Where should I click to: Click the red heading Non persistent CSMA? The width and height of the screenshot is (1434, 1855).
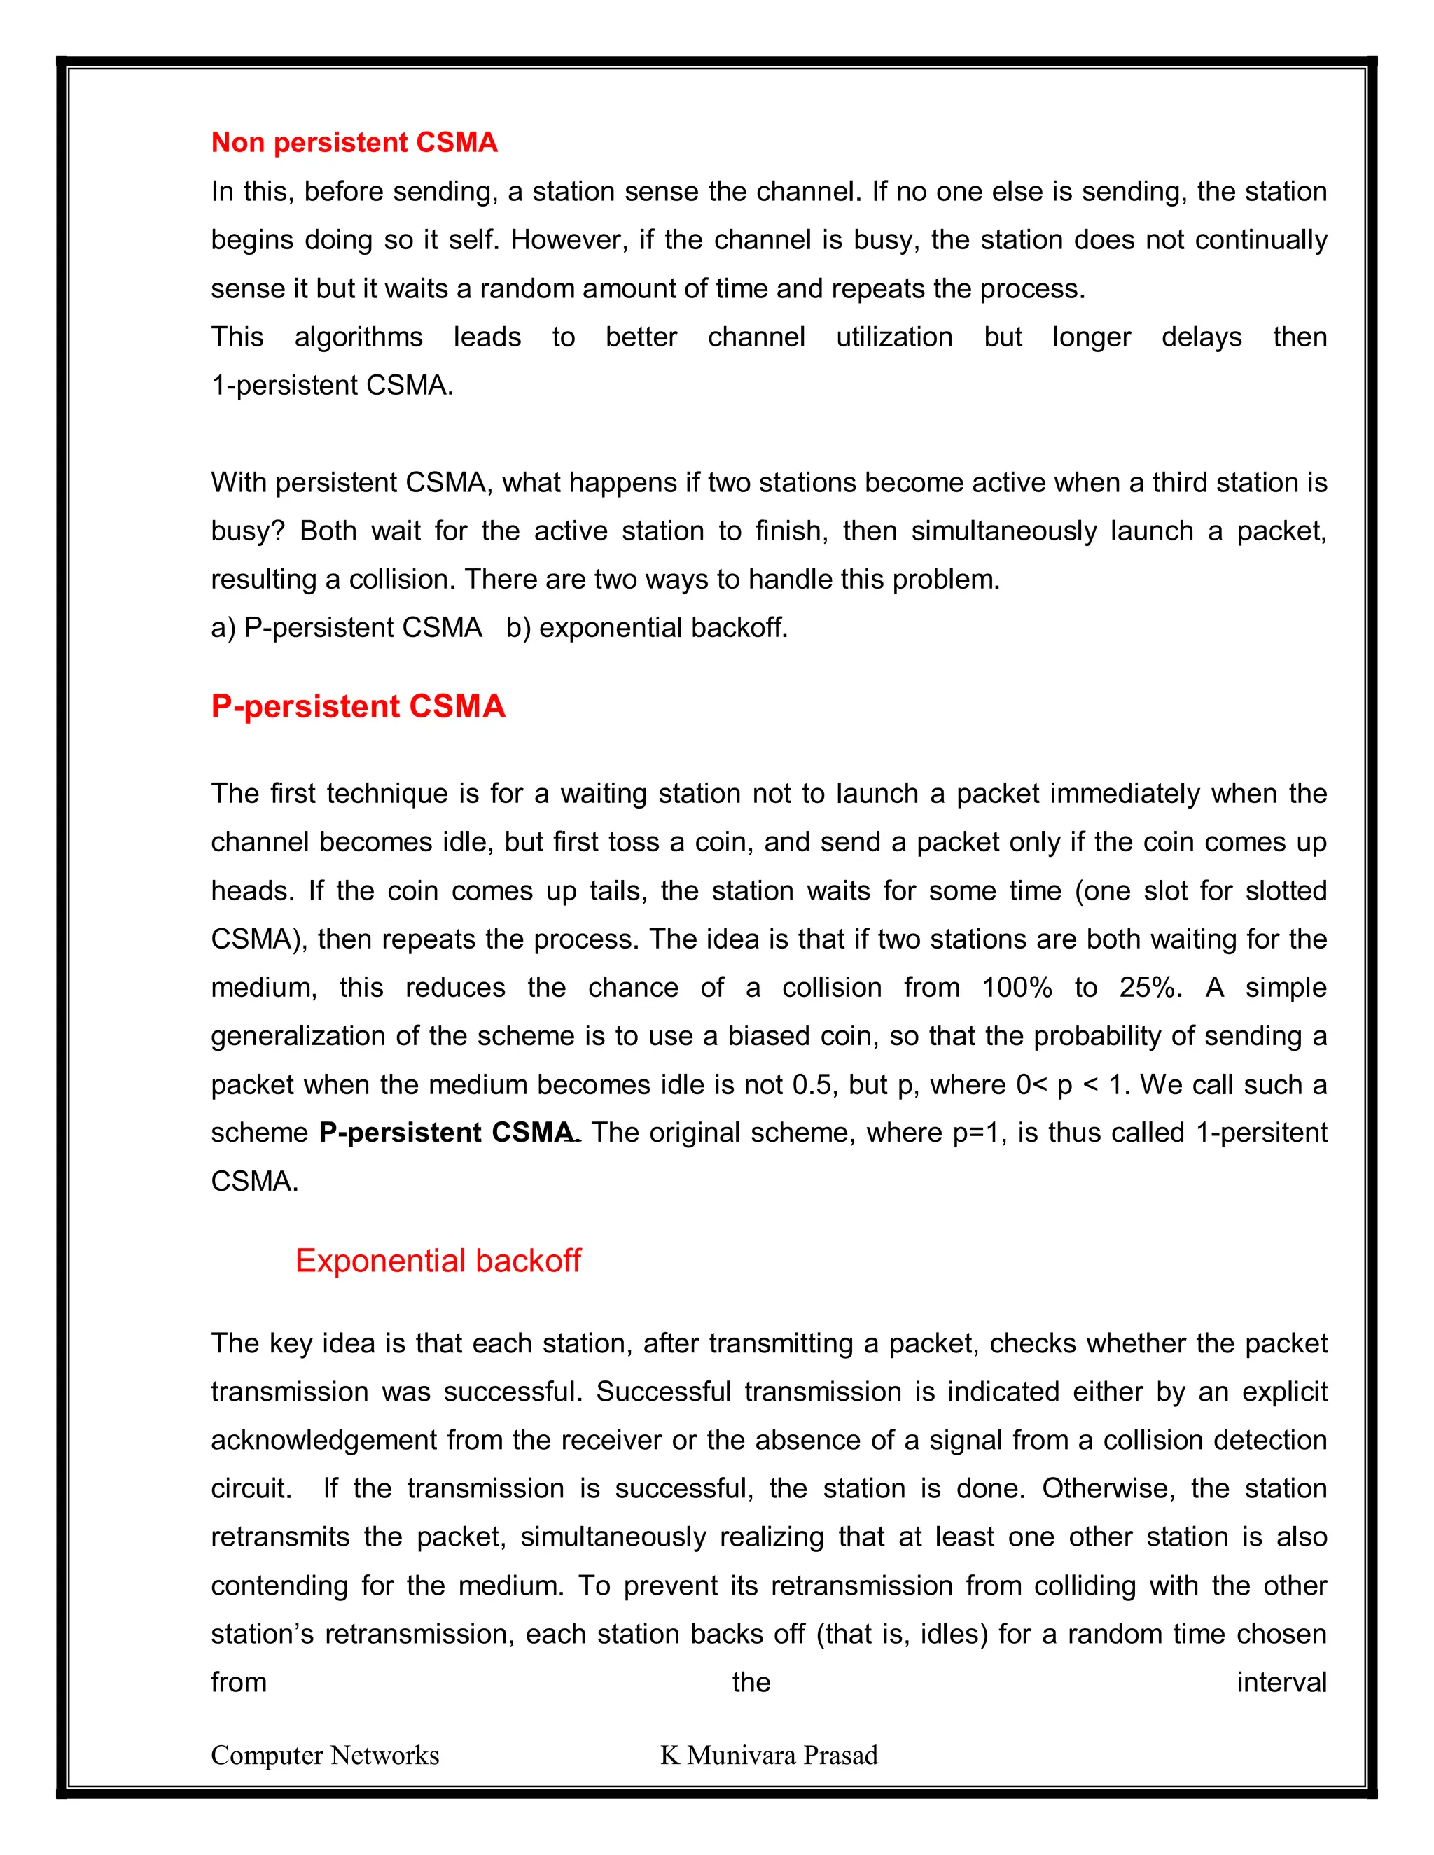(x=354, y=142)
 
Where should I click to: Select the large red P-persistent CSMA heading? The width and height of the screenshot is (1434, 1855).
(x=358, y=706)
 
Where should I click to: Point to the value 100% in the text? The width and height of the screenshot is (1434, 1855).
(x=1016, y=987)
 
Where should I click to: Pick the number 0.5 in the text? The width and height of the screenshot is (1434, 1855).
(x=812, y=1084)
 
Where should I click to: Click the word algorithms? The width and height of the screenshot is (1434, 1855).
(x=358, y=337)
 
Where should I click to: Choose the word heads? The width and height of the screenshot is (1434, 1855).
(x=251, y=890)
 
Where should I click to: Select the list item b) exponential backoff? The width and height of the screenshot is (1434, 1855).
(x=646, y=628)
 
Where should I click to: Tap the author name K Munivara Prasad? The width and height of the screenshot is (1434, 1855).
(x=769, y=1755)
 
